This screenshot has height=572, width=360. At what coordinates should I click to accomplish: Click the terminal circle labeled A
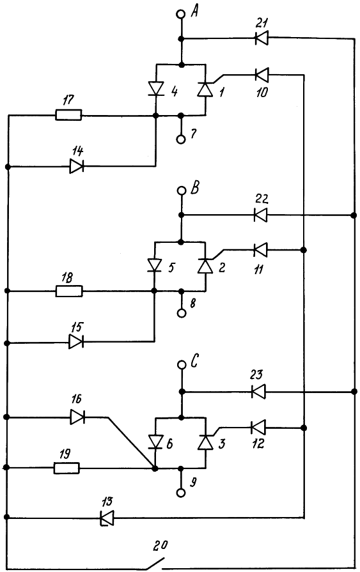181,14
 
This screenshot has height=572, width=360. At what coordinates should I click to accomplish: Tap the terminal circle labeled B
181,190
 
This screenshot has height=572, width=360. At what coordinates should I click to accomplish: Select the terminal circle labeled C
181,364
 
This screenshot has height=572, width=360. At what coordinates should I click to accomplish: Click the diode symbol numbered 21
261,38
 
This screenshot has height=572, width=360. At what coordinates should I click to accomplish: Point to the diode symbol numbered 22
260,215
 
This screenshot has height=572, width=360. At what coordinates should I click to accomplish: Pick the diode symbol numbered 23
258,392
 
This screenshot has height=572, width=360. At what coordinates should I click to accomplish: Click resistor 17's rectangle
68,115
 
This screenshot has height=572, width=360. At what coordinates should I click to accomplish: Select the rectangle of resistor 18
69,291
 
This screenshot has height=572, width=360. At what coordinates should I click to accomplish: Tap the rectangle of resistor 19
67,468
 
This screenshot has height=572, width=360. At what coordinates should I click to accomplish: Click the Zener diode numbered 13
107,517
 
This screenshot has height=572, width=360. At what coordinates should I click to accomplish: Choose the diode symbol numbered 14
77,167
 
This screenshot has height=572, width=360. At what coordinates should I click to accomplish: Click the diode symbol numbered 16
77,417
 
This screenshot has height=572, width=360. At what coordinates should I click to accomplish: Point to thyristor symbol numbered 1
205,89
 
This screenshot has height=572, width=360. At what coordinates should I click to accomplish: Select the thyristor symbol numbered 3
205,442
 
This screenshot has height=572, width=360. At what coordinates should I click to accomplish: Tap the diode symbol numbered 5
155,265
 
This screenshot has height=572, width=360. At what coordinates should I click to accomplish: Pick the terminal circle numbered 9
181,493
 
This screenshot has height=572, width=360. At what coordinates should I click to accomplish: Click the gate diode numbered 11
260,251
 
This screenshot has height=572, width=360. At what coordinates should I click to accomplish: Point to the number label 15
77,327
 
